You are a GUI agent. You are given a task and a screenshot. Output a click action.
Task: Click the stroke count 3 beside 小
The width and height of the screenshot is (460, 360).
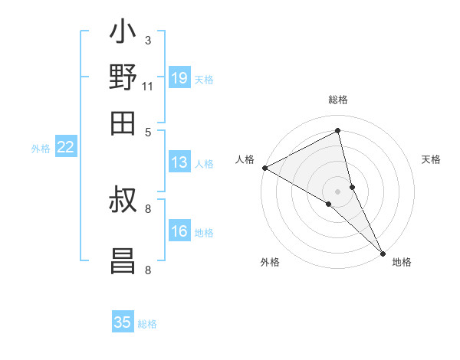pos(147,40)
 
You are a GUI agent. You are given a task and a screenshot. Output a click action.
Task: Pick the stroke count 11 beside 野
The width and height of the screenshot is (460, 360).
pos(148,85)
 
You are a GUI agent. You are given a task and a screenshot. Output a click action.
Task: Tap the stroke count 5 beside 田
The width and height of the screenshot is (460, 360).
pos(148,131)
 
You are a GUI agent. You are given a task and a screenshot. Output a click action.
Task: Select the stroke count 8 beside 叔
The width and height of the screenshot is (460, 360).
pos(148,208)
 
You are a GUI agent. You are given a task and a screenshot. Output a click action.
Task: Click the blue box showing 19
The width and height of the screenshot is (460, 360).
pos(179,78)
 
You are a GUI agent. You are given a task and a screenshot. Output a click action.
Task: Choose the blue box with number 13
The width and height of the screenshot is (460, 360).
pos(179,162)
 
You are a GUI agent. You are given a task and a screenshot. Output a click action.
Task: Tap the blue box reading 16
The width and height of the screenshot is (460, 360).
pos(179,231)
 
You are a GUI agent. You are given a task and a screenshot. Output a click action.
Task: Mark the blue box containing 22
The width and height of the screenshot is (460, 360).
pos(65,147)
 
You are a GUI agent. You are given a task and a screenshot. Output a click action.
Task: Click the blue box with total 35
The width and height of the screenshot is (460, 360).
pos(123,322)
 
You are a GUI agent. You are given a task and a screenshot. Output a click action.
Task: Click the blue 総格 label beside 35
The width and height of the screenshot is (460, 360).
pos(147,324)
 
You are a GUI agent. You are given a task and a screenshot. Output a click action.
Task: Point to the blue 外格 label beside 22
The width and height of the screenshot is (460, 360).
pos(41,149)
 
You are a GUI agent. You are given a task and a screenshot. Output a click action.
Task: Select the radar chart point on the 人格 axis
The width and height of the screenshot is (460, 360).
pos(264,168)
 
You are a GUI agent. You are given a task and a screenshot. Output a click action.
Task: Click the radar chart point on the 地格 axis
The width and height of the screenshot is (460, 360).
pos(383,252)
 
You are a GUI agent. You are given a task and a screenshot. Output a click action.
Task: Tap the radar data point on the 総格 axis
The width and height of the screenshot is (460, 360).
pos(337,131)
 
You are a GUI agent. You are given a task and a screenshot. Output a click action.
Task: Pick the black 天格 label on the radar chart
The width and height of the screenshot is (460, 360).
pos(432,159)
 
